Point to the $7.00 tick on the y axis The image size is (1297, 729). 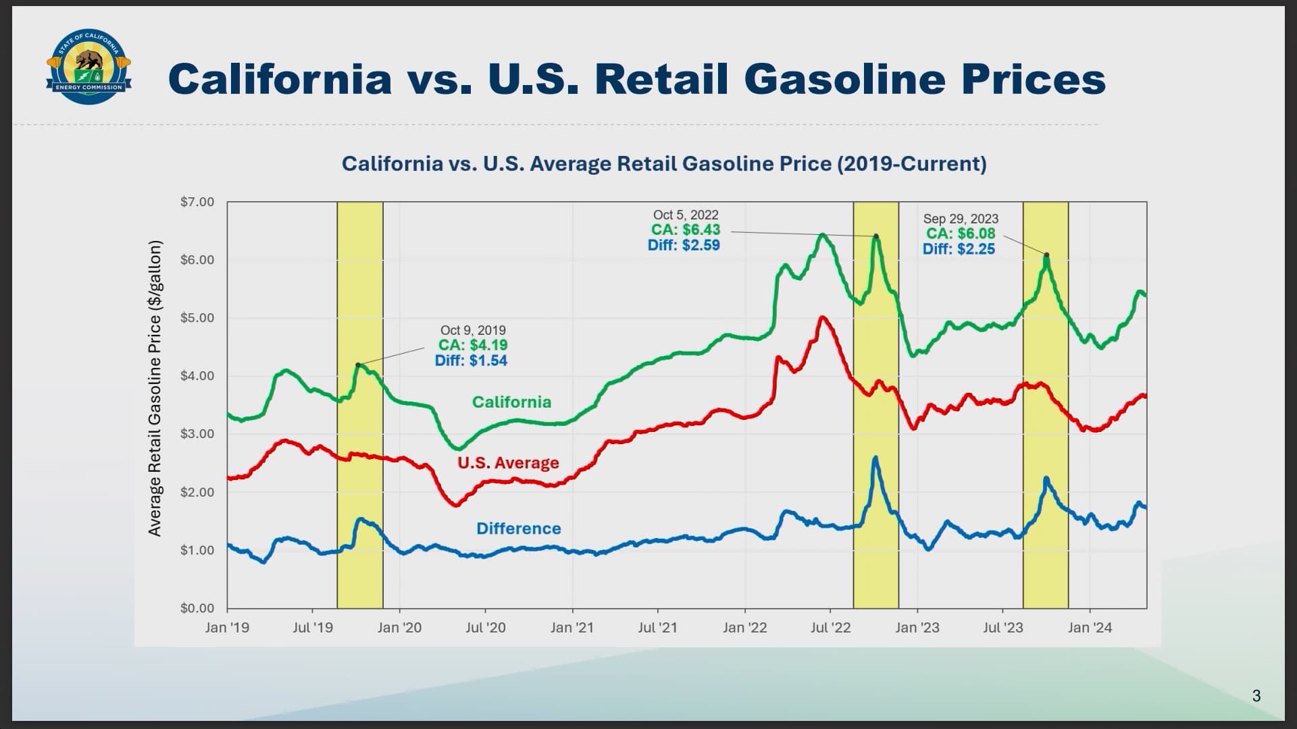(197, 202)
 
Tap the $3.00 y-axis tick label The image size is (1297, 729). (197, 434)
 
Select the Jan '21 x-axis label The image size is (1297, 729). (571, 628)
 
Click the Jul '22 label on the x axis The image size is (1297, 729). (830, 628)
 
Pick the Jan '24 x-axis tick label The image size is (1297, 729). (1089, 628)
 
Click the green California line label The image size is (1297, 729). (511, 402)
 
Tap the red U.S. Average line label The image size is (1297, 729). (508, 463)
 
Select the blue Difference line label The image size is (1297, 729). (518, 529)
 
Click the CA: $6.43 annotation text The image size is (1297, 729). (685, 230)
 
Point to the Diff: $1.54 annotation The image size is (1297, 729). (471, 361)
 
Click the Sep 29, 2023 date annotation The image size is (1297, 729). (960, 219)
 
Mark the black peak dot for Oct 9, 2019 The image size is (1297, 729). (358, 364)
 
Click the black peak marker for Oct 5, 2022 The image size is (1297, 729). (876, 236)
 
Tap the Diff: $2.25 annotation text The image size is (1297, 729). (959, 249)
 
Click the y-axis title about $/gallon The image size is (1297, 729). (155, 388)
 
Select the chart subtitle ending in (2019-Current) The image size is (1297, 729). (664, 164)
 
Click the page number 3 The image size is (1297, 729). (1256, 696)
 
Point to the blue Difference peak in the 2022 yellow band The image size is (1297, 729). (875, 458)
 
